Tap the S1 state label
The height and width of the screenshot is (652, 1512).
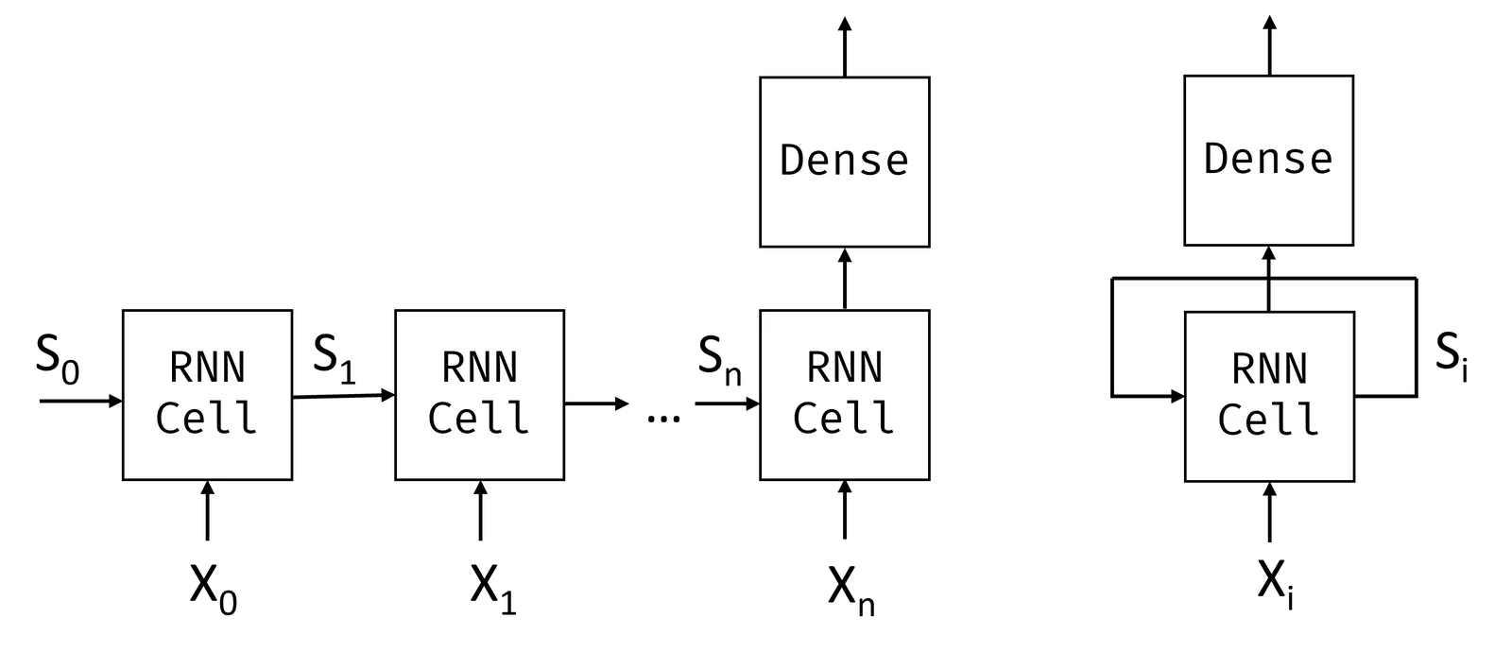coord(335,359)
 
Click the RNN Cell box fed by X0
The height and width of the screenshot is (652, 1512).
coord(207,395)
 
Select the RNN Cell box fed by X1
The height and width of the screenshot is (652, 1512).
coord(480,395)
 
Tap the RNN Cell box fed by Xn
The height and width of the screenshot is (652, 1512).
coord(845,395)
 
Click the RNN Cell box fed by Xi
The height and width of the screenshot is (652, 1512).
coord(1270,396)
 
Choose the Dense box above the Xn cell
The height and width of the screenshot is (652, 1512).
coord(845,162)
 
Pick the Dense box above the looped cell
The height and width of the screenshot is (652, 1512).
coord(1269,161)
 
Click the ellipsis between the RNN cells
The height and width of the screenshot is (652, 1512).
coord(663,420)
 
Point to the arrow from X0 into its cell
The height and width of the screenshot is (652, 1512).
coord(207,510)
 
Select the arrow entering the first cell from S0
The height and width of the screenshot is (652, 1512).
coord(81,401)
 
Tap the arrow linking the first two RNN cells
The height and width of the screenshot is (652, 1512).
coord(344,396)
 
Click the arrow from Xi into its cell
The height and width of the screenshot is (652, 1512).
coord(1270,512)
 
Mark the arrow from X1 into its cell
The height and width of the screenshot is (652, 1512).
coord(481,510)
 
